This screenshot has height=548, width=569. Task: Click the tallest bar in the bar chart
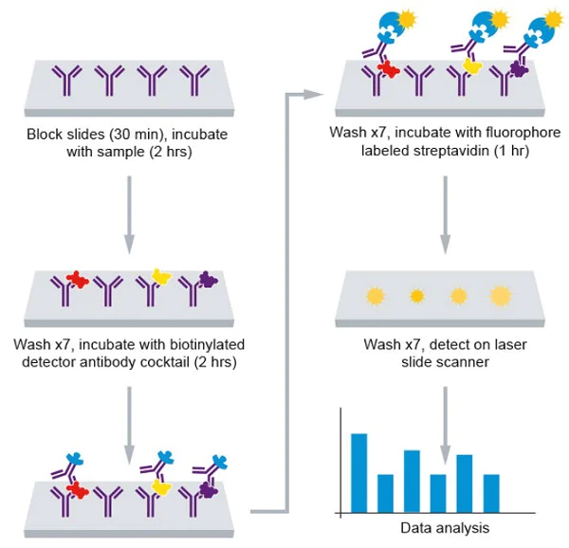[358, 471]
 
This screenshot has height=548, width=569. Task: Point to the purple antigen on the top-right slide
[519, 67]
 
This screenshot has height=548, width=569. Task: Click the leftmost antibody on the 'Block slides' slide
[65, 82]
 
